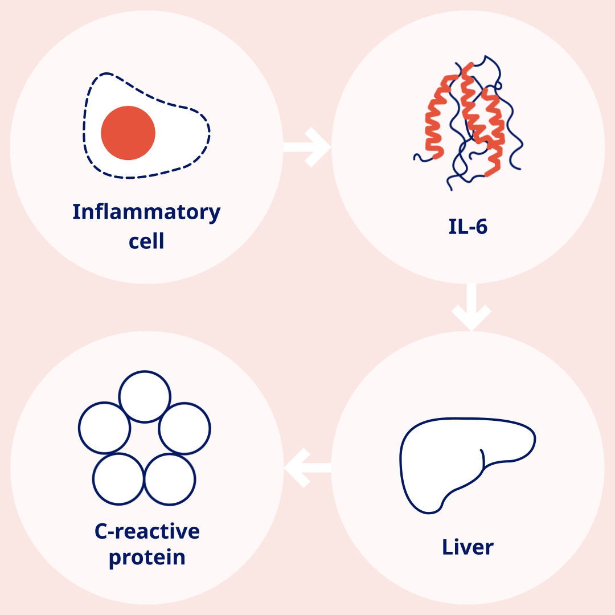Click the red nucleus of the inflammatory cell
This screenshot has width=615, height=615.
(x=128, y=133)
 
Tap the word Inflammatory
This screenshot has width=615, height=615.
(x=146, y=212)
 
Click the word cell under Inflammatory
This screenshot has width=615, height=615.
(x=146, y=241)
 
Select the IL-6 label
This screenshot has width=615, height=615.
(x=468, y=227)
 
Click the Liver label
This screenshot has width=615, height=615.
(x=468, y=547)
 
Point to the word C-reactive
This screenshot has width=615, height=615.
(x=147, y=531)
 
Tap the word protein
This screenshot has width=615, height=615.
(x=147, y=557)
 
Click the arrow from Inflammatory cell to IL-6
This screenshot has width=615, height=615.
(x=307, y=147)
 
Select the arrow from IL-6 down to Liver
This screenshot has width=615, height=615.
(x=471, y=307)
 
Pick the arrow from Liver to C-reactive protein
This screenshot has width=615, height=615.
(x=307, y=468)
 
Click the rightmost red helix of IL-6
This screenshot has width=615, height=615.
(x=493, y=133)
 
